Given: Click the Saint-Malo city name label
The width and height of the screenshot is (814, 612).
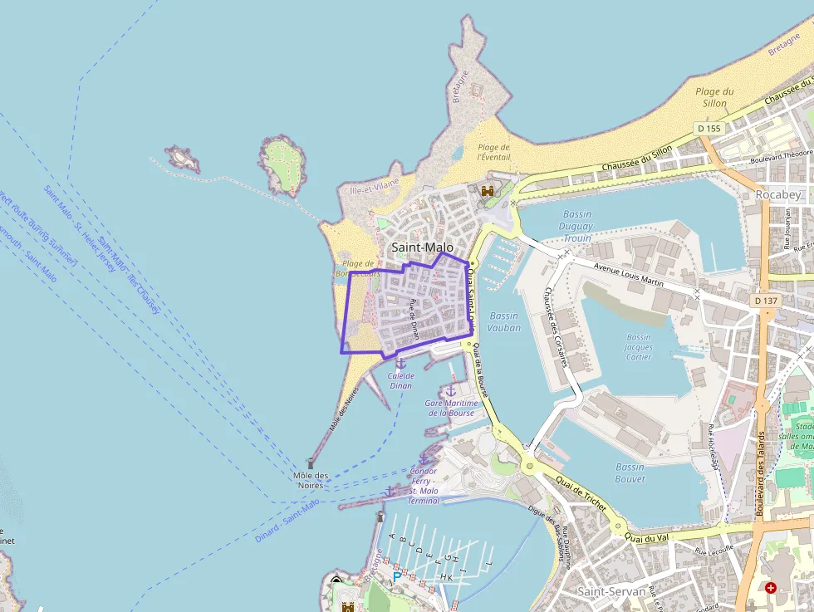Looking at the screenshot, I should coord(423,247).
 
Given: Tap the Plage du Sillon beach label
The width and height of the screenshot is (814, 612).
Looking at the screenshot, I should coord(714,97).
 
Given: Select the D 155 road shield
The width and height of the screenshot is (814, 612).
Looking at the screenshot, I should coord(709,129).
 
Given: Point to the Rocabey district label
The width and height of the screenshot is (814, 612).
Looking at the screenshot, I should coord(778,193).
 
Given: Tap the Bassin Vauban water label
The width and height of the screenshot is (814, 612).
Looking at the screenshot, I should coord(505,321).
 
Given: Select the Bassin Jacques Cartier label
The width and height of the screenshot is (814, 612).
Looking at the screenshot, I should coord(639,347).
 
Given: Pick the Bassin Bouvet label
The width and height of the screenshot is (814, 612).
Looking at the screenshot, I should coord(630,472).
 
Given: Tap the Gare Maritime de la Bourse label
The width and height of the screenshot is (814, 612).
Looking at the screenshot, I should coord(450,408).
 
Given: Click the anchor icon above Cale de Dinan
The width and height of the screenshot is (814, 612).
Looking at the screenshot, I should coord(400,362).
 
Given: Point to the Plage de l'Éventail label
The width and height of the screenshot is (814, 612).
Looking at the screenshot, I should coord(493,152).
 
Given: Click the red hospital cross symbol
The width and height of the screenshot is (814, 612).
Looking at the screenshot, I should coord(771,588).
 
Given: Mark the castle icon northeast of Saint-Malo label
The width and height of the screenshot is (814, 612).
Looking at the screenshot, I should coord(488,192).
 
